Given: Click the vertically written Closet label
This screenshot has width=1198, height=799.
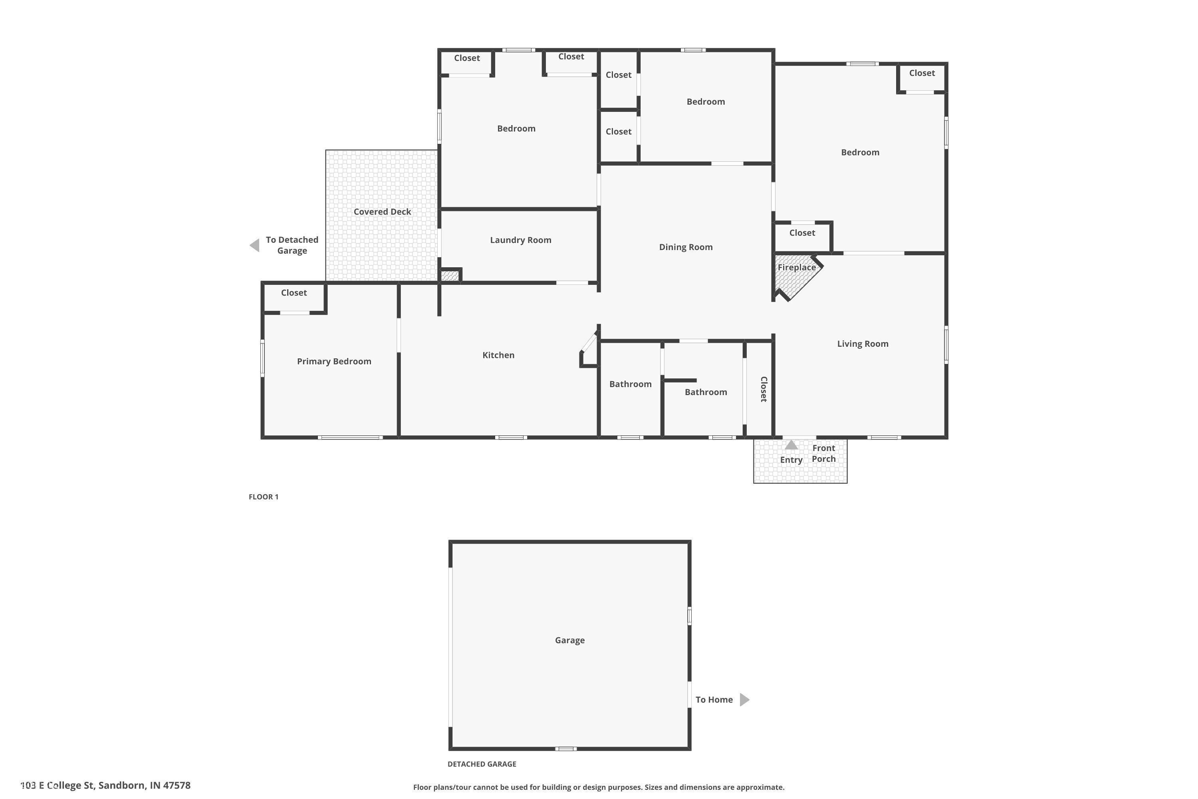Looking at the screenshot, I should (764, 389).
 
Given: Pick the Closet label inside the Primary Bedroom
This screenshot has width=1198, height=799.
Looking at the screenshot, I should (294, 293).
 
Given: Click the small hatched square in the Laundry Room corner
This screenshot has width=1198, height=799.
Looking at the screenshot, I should (449, 276).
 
